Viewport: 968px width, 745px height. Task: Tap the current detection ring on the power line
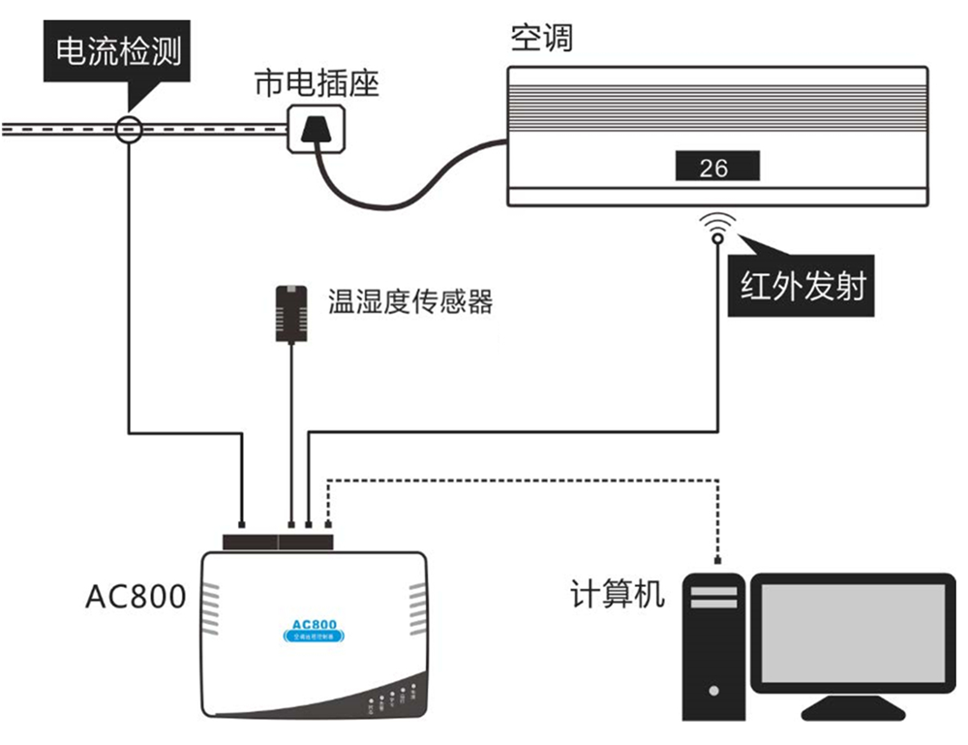click(129, 129)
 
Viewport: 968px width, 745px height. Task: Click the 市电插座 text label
click(317, 83)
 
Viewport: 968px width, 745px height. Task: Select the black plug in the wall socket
click(317, 130)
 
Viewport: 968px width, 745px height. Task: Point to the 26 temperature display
click(716, 168)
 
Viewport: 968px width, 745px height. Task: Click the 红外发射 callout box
click(802, 287)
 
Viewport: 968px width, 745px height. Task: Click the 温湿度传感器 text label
click(410, 301)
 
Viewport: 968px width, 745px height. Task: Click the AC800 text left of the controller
click(136, 597)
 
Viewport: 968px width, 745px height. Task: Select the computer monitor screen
click(851, 631)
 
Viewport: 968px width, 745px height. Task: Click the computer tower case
click(713, 645)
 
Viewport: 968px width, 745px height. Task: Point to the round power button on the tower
click(713, 691)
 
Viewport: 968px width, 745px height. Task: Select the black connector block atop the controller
click(277, 541)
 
